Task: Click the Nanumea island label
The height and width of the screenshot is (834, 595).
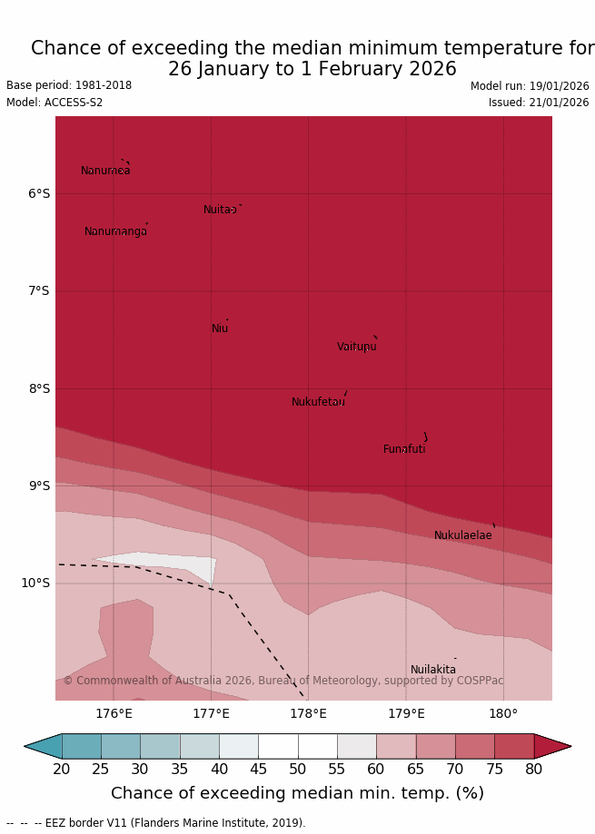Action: tap(105, 171)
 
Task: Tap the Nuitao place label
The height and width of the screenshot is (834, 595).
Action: tap(220, 210)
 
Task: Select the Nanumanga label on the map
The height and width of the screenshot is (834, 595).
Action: tap(115, 231)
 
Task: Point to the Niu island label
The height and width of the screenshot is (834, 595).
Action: tap(220, 329)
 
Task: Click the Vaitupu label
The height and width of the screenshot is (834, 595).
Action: tap(356, 347)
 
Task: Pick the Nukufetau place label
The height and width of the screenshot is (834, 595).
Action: tap(318, 402)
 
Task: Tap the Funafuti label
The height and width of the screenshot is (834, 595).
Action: tap(404, 449)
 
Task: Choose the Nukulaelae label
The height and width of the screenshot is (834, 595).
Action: tap(462, 535)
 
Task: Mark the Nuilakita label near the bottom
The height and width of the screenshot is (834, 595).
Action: tap(433, 670)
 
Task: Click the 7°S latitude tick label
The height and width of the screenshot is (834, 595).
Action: tap(39, 290)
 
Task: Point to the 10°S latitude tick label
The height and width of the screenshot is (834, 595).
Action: tap(35, 583)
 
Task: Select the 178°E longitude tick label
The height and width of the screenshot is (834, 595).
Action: tap(308, 713)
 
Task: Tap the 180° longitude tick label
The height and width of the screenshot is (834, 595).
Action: tap(503, 713)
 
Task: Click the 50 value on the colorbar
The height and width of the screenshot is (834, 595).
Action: tap(297, 770)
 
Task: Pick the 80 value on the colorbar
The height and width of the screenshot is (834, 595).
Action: tap(533, 770)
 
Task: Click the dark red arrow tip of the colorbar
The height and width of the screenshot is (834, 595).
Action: tap(554, 746)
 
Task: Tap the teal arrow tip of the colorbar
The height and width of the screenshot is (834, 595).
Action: tap(41, 746)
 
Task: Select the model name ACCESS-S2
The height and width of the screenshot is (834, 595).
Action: tap(55, 103)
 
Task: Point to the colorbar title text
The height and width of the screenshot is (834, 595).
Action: tap(297, 793)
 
